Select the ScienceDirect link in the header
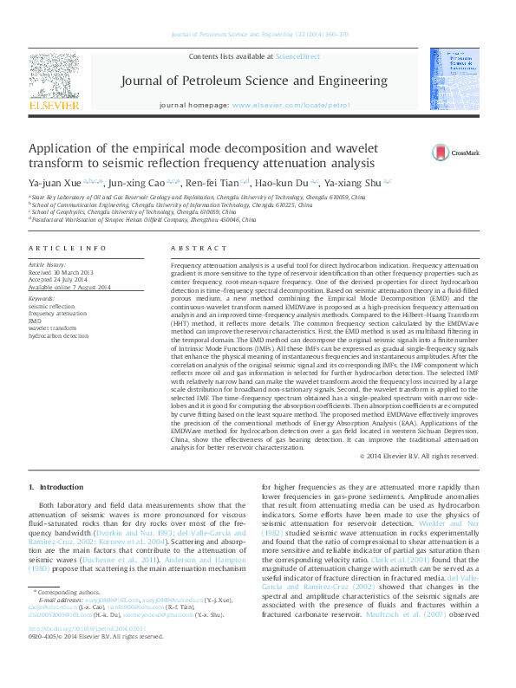click(x=297, y=56)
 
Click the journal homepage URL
click(x=291, y=105)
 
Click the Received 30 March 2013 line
click(x=62, y=272)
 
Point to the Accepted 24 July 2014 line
click(x=59, y=280)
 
